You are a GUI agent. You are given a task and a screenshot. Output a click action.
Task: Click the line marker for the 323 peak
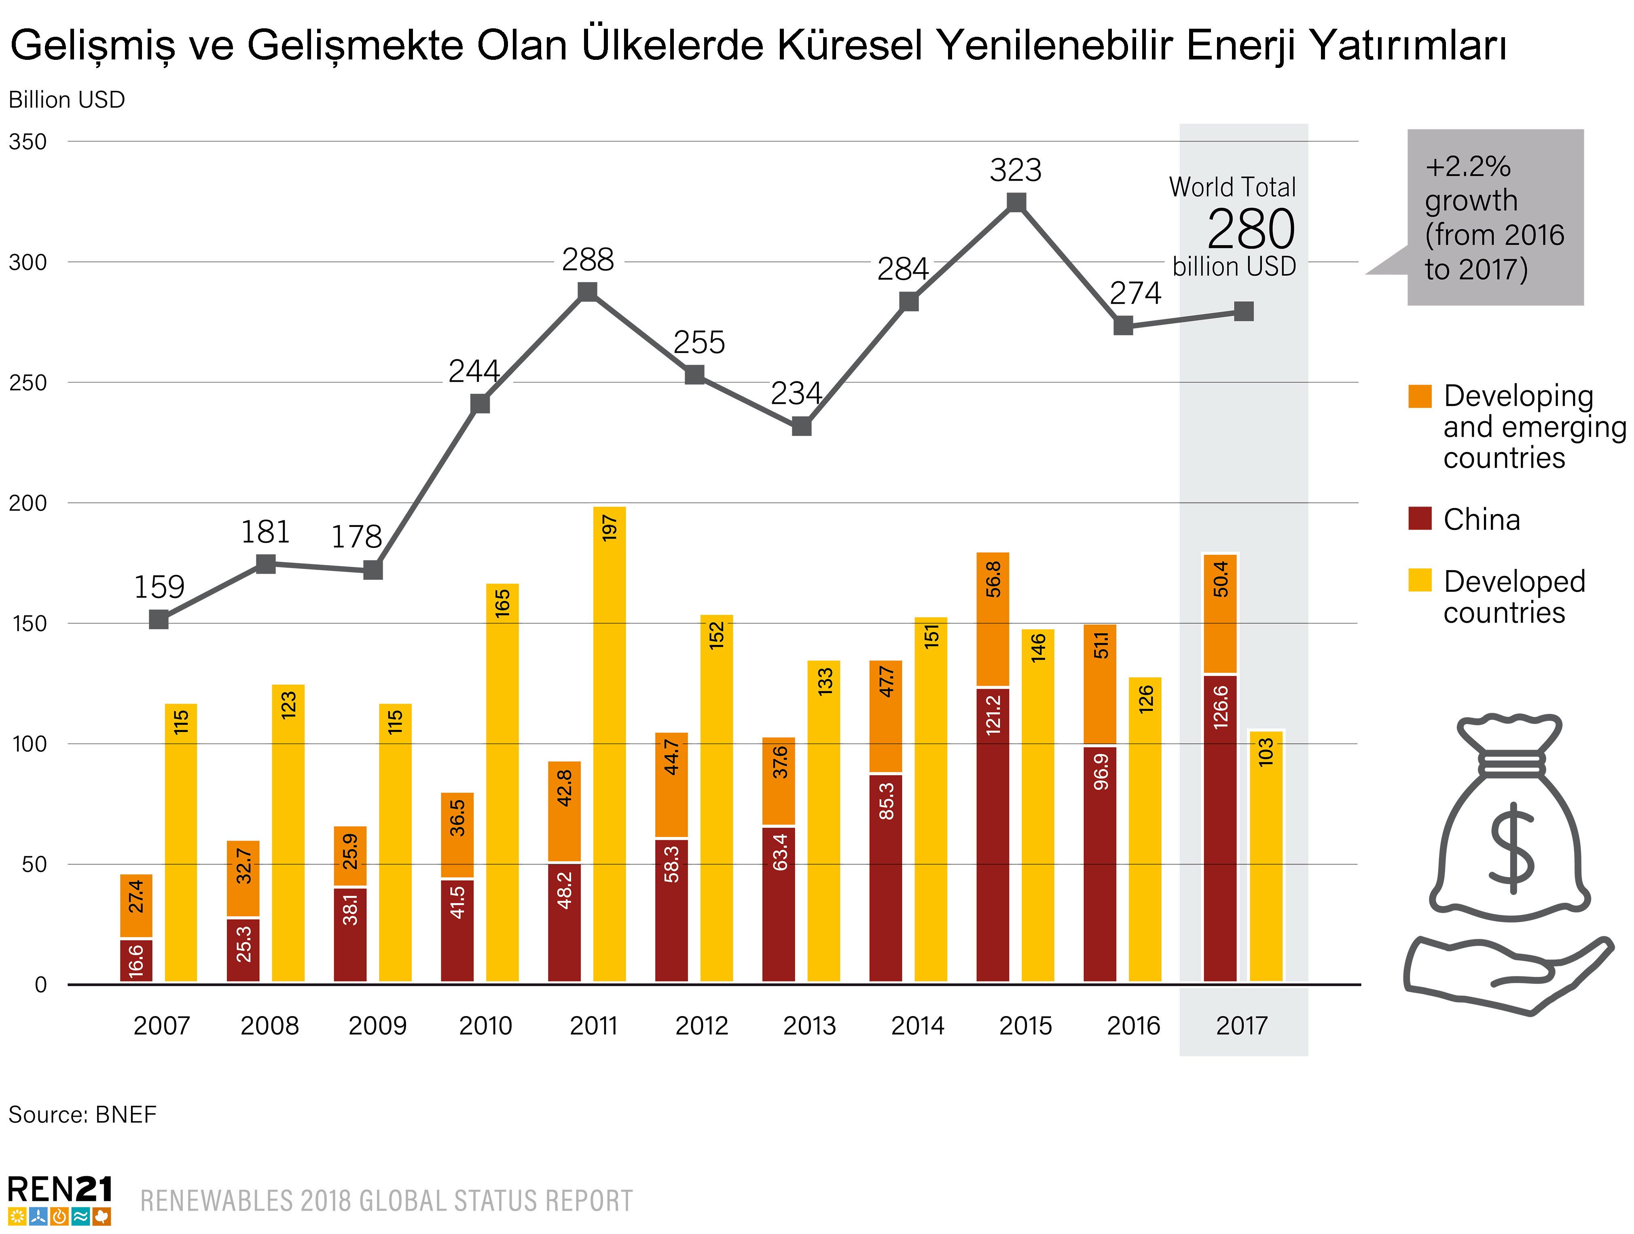[x=1016, y=202]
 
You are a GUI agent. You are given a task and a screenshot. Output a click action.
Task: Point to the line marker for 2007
[x=159, y=619]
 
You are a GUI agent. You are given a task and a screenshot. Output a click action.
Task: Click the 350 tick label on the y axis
[x=28, y=142]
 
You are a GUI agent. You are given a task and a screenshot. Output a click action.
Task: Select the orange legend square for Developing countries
[x=1420, y=397]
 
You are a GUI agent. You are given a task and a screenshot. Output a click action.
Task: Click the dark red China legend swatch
[x=1420, y=518]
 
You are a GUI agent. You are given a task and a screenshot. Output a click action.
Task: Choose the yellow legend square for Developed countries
[x=1420, y=581]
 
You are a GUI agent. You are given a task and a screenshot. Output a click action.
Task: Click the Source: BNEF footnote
[x=83, y=1114]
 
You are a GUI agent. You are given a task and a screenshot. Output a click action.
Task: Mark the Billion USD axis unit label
[x=66, y=100]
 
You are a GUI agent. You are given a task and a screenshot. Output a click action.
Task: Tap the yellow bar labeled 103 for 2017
[x=1266, y=857]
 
